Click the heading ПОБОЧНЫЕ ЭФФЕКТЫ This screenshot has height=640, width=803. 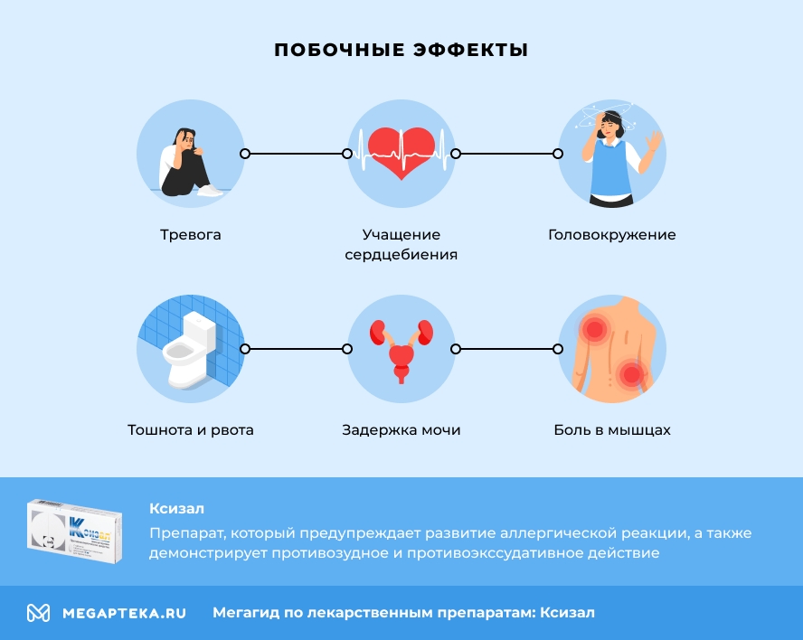pos(401,51)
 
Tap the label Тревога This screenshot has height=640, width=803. pos(191,235)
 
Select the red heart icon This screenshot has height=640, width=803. pos(401,149)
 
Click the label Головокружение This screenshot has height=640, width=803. pos(612,235)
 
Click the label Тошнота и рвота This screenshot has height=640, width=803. pos(191,430)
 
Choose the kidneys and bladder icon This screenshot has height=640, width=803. pos(401,349)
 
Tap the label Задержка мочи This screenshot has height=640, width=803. pos(401,430)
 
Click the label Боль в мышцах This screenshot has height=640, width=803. pos(612,430)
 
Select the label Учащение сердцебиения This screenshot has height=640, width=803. pos(401,245)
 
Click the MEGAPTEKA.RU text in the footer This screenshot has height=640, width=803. pos(124,613)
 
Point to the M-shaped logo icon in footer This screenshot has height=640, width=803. pos(38,613)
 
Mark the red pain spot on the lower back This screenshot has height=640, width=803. pos(632,372)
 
